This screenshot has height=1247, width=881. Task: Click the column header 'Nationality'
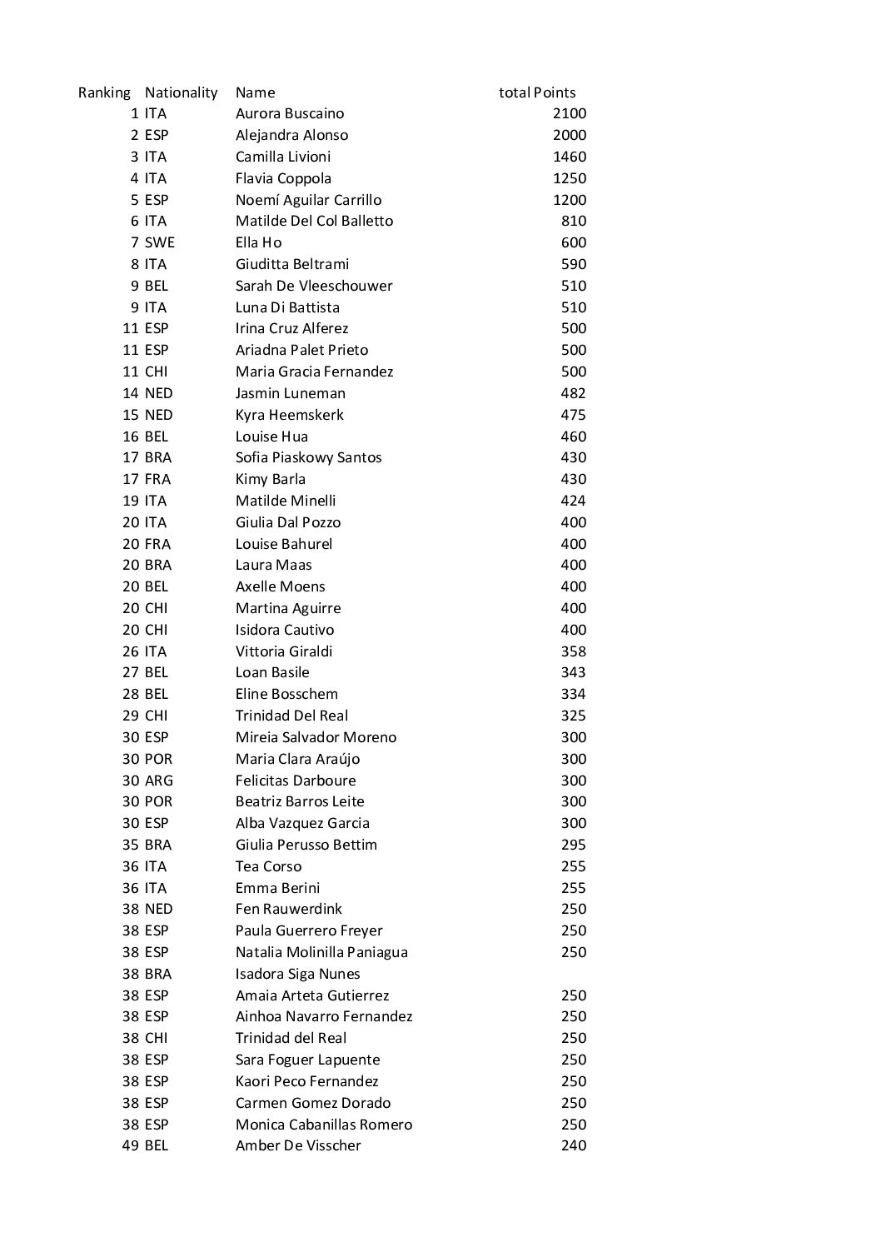click(181, 92)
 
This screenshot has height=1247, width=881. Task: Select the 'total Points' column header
click(537, 92)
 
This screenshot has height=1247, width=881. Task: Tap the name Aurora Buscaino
click(289, 114)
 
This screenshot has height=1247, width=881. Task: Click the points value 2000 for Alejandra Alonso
click(569, 135)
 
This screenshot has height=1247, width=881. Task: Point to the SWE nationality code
click(159, 242)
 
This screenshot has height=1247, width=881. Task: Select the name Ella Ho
click(258, 242)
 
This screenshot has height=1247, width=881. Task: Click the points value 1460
click(569, 157)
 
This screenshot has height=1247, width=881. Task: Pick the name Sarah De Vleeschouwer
click(313, 286)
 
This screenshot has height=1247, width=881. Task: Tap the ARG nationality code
click(158, 781)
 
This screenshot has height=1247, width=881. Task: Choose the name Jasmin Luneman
click(290, 393)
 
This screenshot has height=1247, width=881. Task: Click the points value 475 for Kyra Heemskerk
click(573, 415)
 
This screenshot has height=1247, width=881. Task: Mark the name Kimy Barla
click(270, 479)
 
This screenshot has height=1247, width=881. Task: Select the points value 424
click(573, 501)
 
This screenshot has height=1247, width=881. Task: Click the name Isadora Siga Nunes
click(297, 974)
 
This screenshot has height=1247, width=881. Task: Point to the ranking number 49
click(131, 1145)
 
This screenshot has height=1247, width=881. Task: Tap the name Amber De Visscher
click(298, 1145)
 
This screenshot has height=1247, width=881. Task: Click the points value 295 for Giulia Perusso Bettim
click(573, 845)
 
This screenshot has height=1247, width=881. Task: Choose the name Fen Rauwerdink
click(288, 909)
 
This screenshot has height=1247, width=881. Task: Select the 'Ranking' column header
click(104, 92)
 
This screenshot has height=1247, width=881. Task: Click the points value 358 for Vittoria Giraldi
click(573, 651)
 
